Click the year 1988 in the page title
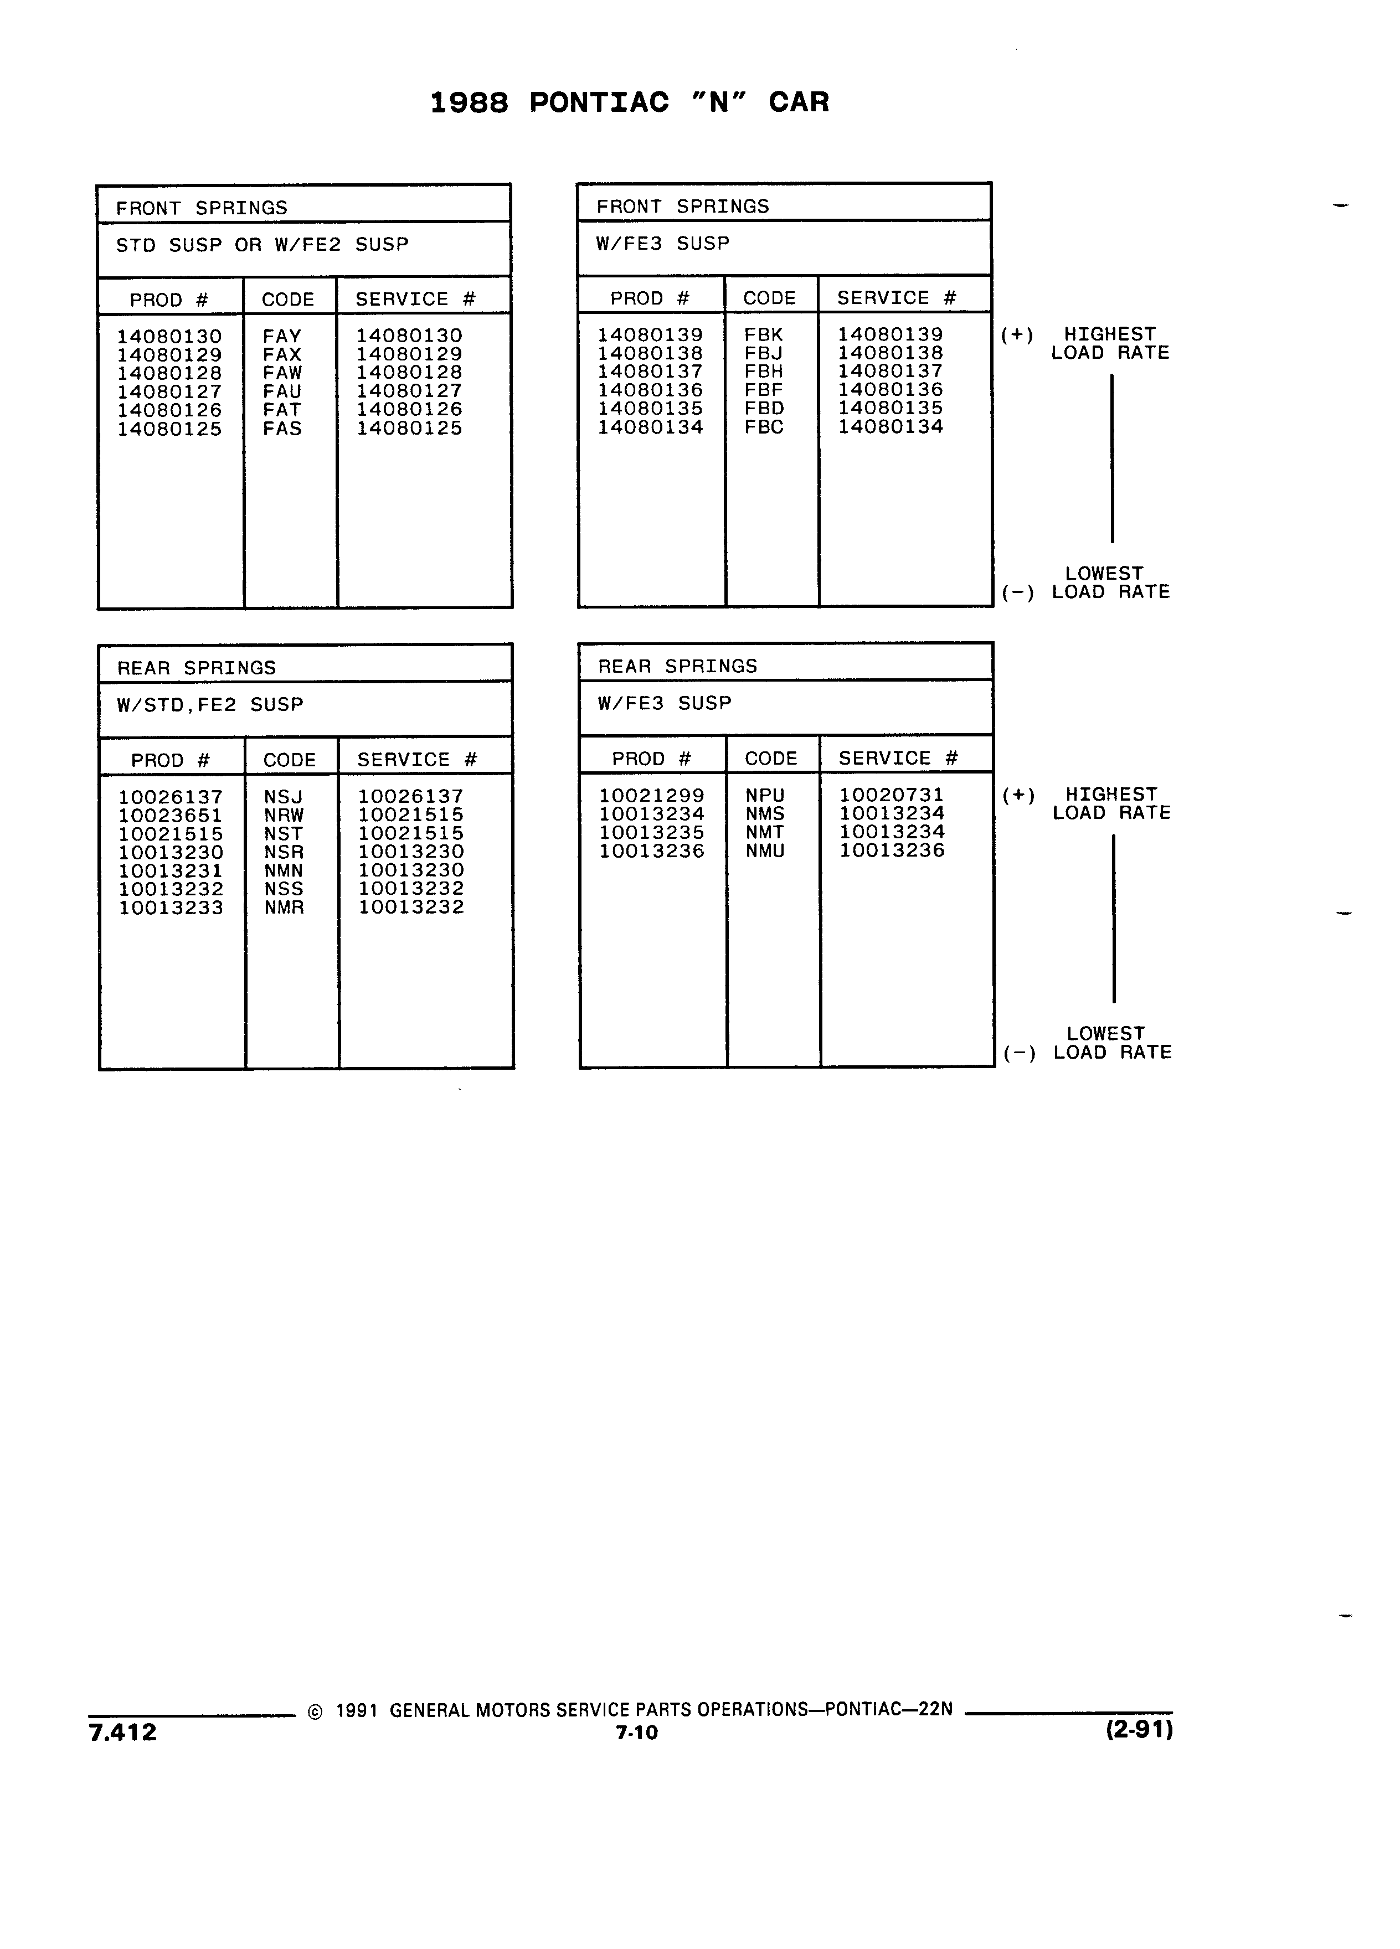[x=469, y=102]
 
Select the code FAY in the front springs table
[x=282, y=336]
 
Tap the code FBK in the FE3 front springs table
[x=764, y=334]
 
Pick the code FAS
[x=282, y=428]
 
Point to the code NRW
[x=284, y=816]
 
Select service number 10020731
[x=891, y=795]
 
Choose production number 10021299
[x=651, y=796]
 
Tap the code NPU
[x=765, y=796]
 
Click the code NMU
[x=765, y=851]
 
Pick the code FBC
[x=764, y=427]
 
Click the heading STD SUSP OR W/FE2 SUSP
[x=262, y=245]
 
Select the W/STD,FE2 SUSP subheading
[x=210, y=705]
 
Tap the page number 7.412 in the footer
[x=123, y=1731]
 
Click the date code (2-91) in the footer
[x=1140, y=1729]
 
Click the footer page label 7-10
[x=637, y=1733]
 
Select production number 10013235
[x=651, y=833]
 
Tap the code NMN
[x=284, y=870]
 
